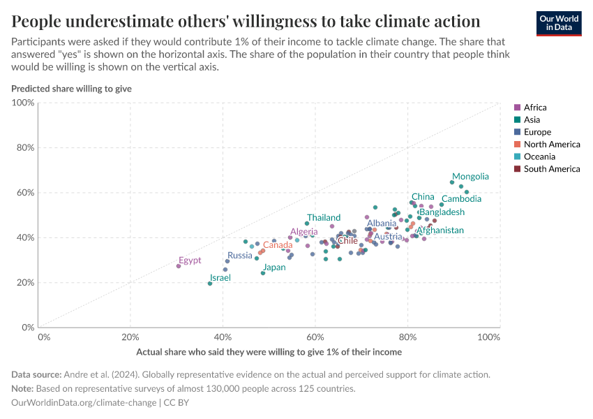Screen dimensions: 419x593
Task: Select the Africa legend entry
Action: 534,108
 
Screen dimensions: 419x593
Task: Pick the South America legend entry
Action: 551,169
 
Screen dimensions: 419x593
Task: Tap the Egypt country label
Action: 190,260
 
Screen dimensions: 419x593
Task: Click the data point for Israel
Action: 210,284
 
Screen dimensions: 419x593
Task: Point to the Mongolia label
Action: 470,177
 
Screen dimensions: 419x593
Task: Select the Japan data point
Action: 263,273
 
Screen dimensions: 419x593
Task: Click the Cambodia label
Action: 461,199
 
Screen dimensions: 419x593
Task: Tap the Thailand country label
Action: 324,218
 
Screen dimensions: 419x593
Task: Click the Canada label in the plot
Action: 278,245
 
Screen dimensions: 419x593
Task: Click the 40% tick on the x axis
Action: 223,337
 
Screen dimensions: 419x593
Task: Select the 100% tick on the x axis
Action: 489,337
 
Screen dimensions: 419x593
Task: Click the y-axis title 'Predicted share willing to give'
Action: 71,89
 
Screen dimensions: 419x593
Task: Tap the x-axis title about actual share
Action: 269,352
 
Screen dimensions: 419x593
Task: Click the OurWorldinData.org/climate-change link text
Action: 84,403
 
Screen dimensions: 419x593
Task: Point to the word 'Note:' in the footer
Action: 24,389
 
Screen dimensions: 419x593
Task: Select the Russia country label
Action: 240,256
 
